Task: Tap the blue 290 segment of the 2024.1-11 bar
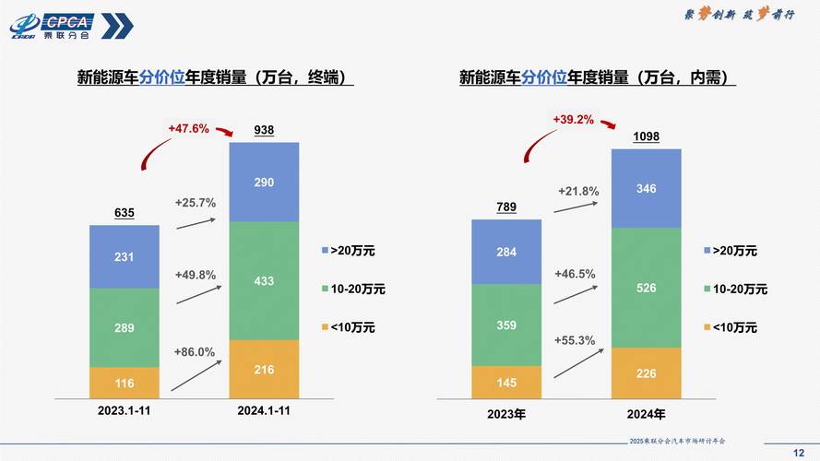coord(264,183)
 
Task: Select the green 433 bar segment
coord(264,280)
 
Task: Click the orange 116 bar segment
coord(125,382)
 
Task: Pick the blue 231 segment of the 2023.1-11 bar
coord(125,257)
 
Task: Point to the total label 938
coord(264,131)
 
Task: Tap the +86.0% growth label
coord(194,351)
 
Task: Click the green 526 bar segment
coord(646,288)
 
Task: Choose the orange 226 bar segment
coord(646,373)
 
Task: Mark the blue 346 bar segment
coord(646,188)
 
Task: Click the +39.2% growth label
coord(573,119)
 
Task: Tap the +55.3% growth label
coord(575,340)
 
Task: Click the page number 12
coord(799,451)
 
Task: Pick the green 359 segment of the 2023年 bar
coord(506,325)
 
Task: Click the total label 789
coord(506,207)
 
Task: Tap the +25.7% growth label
coord(194,202)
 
